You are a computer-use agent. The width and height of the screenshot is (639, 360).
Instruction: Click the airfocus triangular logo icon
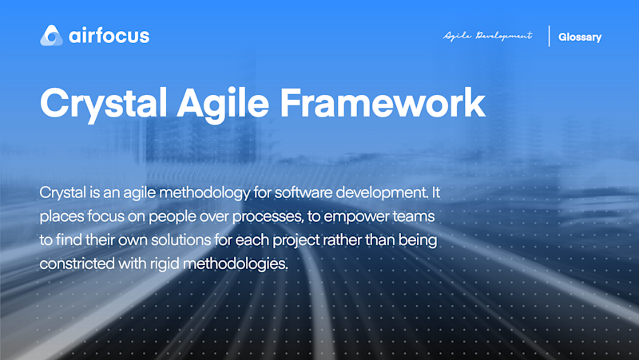[x=51, y=36]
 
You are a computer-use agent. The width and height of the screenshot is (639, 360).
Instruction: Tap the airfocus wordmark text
[x=109, y=36]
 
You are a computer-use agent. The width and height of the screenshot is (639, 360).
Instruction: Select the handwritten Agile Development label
[x=487, y=37]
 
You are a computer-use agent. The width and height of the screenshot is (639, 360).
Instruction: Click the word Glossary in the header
[x=580, y=37]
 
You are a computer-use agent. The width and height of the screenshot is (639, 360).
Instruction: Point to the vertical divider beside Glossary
[x=550, y=37]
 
